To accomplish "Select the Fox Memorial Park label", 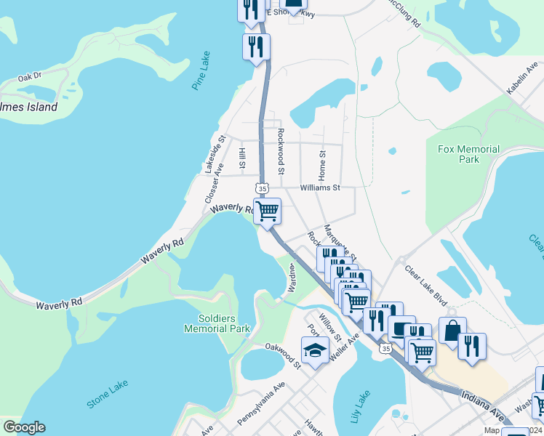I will [x=469, y=154].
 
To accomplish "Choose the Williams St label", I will [x=320, y=187].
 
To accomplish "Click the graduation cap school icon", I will [x=314, y=350].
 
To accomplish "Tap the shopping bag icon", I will [x=452, y=331].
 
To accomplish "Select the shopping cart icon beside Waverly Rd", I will [x=268, y=211].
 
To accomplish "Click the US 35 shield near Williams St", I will [x=261, y=187].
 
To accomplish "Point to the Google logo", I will [x=23, y=427].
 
